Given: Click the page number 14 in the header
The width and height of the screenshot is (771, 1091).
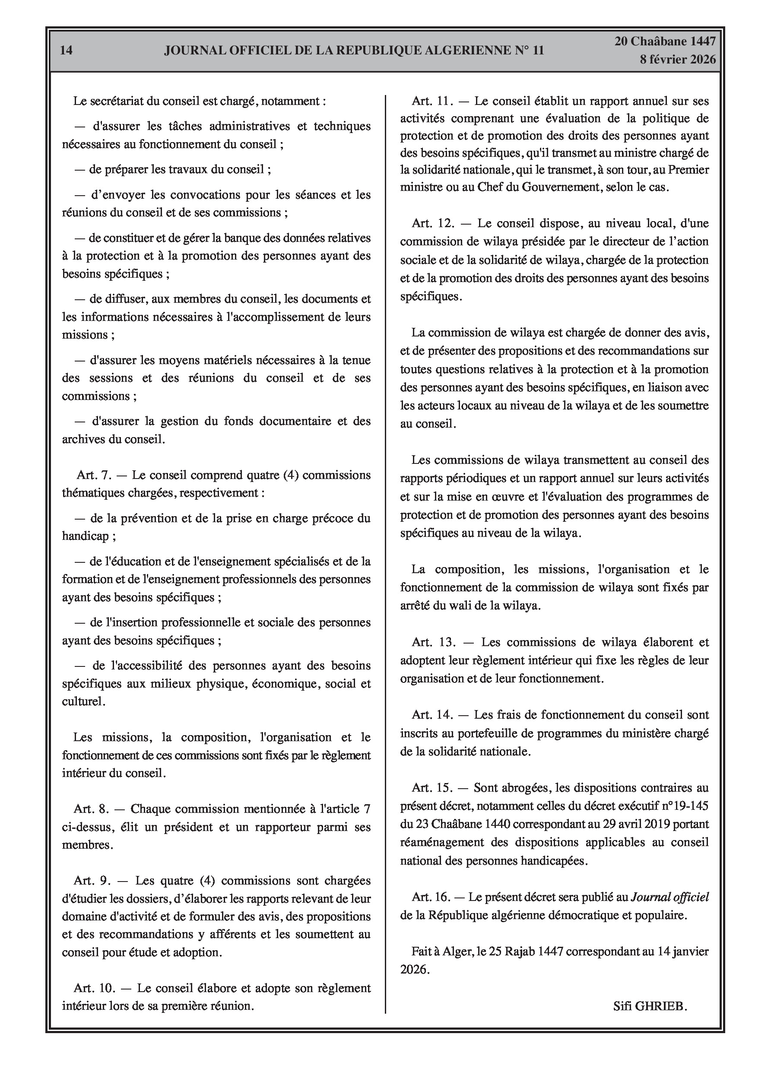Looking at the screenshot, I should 67,51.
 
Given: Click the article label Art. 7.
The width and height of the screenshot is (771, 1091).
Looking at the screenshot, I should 94,475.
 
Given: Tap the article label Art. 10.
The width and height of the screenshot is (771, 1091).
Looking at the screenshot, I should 94,988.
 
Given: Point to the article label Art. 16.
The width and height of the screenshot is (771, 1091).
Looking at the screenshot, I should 431,897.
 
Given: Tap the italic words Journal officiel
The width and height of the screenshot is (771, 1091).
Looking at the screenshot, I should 669,897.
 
